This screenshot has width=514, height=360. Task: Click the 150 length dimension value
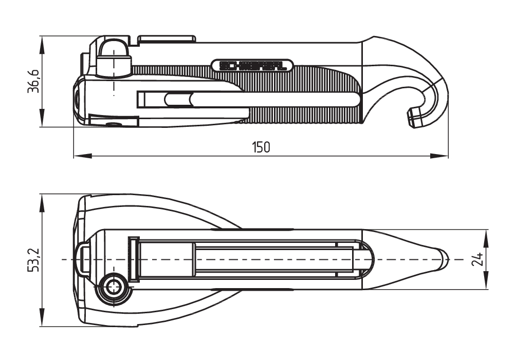point(261,147)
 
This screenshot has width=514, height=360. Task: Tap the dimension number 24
point(478,259)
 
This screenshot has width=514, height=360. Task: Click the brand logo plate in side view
point(252,65)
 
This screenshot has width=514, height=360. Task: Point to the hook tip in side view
point(414,118)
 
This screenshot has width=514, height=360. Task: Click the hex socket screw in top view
point(113,288)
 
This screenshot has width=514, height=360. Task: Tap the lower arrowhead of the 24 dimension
point(486,285)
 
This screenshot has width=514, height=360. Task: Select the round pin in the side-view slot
point(176,99)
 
